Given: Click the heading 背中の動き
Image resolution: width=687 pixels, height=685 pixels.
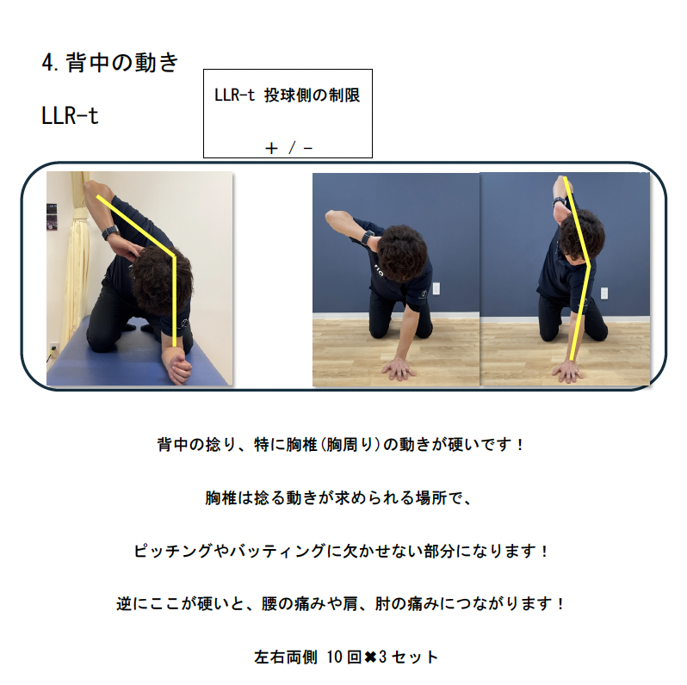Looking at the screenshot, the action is click(122, 63).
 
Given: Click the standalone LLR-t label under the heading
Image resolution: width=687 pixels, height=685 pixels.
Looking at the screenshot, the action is click(70, 116).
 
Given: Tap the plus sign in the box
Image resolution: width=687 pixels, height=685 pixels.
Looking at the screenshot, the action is click(272, 149).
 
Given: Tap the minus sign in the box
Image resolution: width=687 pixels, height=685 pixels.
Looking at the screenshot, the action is click(307, 149).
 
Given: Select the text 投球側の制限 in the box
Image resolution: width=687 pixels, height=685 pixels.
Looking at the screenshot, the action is click(312, 95).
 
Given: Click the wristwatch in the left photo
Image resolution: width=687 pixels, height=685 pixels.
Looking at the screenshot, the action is click(111, 231).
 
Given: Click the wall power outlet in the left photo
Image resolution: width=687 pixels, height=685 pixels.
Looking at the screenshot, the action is click(53, 349).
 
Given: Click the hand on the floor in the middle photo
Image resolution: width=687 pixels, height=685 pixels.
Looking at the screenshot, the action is click(399, 369).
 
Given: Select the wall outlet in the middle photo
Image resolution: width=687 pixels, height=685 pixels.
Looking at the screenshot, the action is click(436, 288).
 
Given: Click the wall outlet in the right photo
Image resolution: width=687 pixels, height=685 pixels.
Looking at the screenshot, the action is click(604, 293).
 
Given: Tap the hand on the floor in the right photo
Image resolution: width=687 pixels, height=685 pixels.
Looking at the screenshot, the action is click(568, 372).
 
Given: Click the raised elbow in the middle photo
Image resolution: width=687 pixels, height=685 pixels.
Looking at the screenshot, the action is click(332, 216).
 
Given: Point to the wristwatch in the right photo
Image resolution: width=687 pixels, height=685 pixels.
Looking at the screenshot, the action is click(559, 202).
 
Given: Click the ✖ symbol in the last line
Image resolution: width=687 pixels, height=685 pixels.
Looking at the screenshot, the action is click(370, 656).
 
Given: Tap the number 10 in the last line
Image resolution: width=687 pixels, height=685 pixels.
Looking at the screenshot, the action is click(334, 657).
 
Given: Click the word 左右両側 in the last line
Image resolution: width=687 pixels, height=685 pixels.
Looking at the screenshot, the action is click(286, 657).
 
